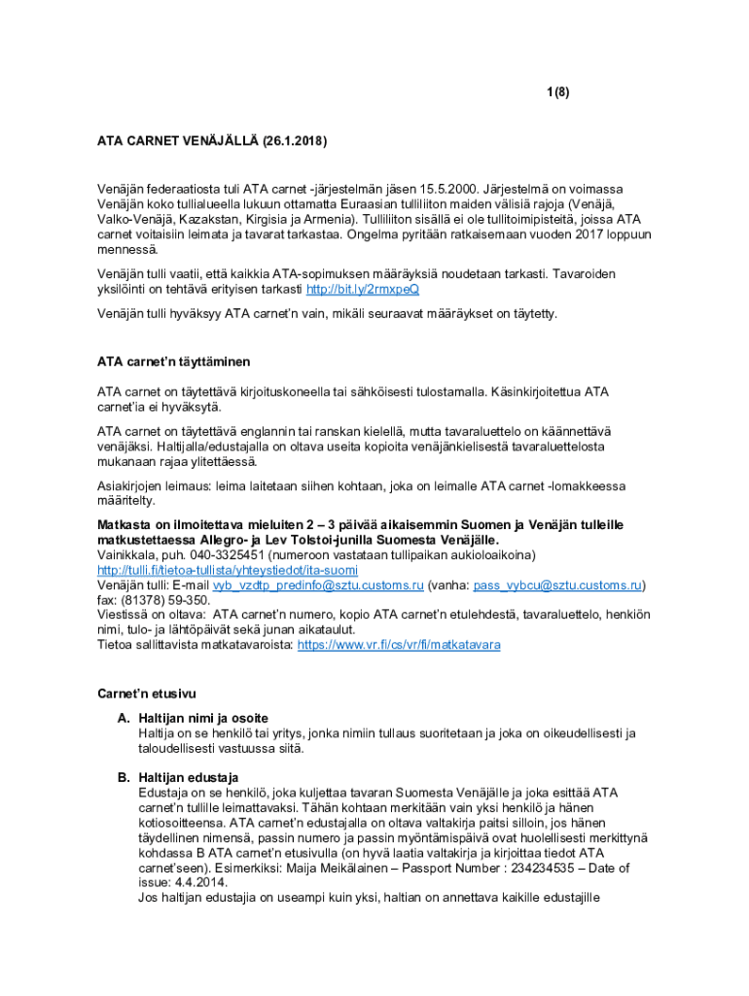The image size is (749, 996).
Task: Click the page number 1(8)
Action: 556,92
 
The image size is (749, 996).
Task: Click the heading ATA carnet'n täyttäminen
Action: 173,362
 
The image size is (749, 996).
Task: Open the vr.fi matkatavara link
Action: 399,645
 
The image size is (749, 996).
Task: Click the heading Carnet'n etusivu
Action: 147,694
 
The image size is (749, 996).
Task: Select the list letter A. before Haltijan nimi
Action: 124,717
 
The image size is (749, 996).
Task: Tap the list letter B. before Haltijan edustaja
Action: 124,777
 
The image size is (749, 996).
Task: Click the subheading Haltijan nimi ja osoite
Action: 203,717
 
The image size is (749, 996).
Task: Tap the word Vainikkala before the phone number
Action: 126,554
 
